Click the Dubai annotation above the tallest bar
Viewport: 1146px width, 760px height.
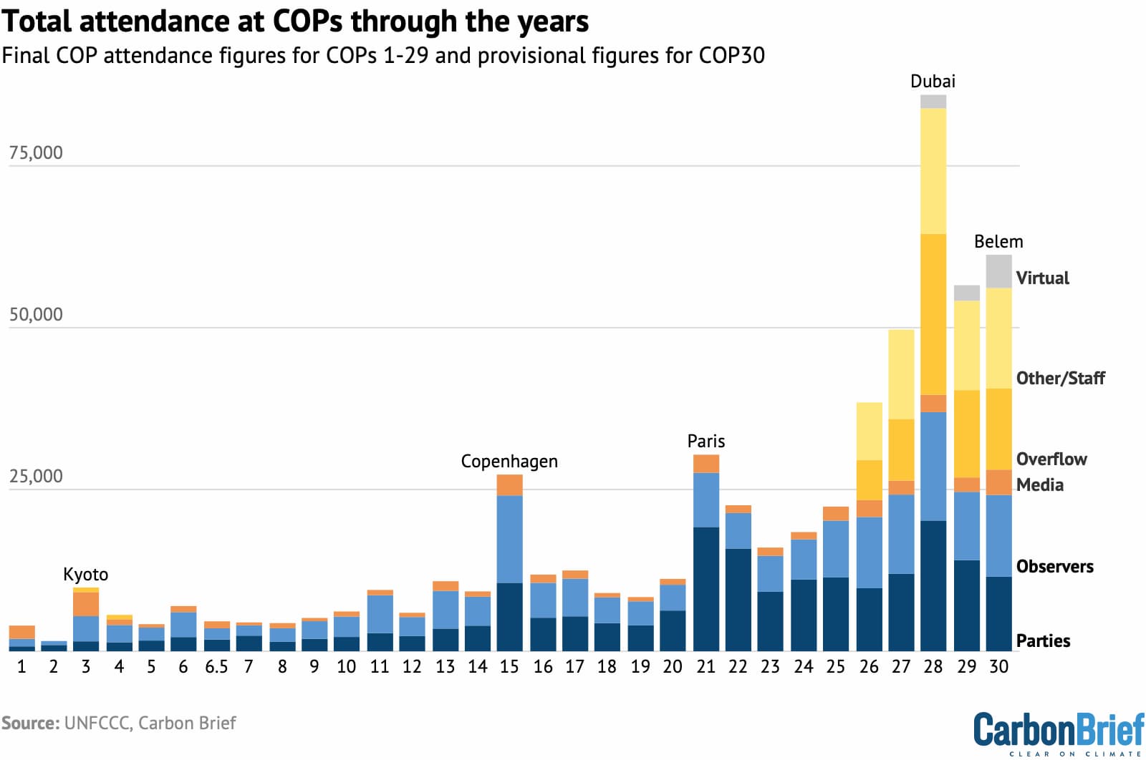coord(933,82)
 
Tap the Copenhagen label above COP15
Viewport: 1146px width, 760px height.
coord(509,462)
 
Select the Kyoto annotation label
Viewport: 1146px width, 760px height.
coord(85,575)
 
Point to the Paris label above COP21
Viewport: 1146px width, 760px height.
coord(706,442)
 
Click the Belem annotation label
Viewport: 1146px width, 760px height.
coord(998,242)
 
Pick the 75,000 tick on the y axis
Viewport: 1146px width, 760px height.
coord(36,153)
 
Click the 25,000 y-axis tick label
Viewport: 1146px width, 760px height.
coord(36,477)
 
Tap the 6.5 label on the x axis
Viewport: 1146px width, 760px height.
coord(216,667)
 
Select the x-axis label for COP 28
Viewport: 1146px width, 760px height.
coord(933,667)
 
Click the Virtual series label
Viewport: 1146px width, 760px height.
coord(1042,278)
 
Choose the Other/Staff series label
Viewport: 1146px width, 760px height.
coord(1060,379)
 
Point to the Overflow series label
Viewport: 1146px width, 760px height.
coord(1051,459)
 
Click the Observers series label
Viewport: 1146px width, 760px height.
coord(1054,567)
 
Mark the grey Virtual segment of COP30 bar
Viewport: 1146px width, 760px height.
coord(998,271)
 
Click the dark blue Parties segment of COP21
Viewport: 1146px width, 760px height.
coord(706,589)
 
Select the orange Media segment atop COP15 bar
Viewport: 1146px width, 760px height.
coord(509,485)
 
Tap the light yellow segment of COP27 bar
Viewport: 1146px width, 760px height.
coord(901,374)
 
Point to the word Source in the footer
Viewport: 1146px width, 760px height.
coord(29,724)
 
